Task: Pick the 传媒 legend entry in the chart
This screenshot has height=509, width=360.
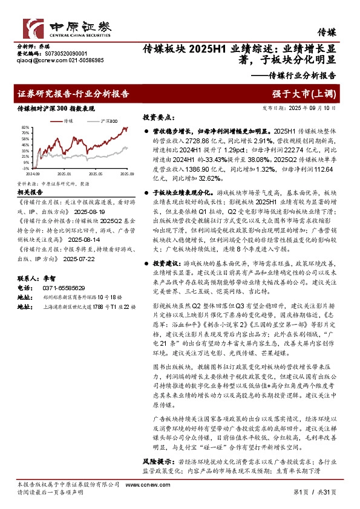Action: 68,121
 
